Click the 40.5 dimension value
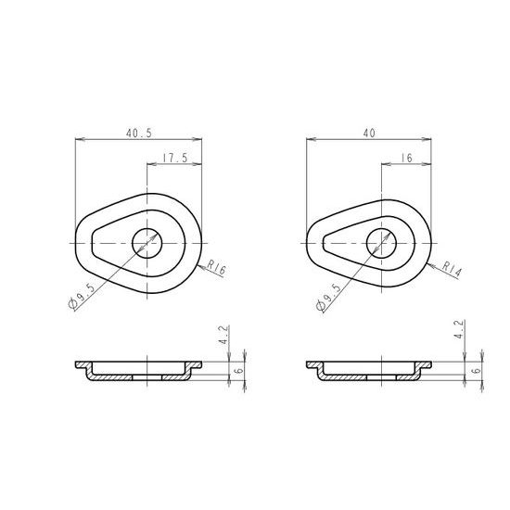click(139, 133)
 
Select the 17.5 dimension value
click(175, 158)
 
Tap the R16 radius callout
click(216, 267)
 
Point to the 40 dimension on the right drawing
click(369, 133)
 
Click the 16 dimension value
click(406, 158)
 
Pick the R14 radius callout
click(452, 270)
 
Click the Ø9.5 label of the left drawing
click(83, 296)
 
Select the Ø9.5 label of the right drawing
click(329, 297)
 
